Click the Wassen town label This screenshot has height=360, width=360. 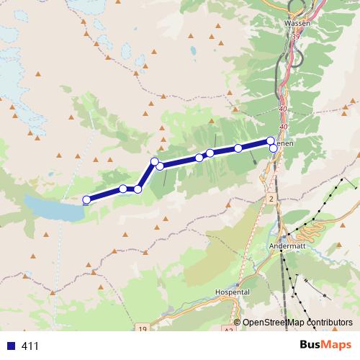point(297,23)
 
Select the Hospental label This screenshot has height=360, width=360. point(232,292)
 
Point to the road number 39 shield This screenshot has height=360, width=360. point(296,35)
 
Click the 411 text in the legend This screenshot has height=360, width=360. point(30,346)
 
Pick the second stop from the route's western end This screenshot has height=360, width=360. point(123,189)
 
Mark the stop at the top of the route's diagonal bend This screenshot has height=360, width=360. point(154,161)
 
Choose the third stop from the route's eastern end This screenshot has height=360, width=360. point(238,148)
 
